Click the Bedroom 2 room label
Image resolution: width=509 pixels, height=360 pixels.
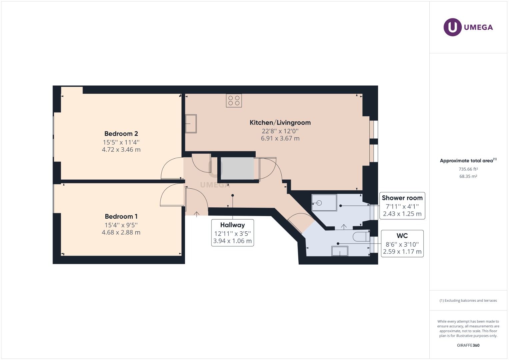pyautogui.click(x=121, y=134)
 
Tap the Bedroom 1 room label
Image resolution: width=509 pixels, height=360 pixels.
pyautogui.click(x=121, y=216)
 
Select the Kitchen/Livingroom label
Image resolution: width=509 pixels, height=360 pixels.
pyautogui.click(x=280, y=123)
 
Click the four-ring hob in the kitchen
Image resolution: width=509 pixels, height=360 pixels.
pyautogui.click(x=234, y=100)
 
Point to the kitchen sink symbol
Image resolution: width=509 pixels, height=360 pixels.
pyautogui.click(x=191, y=124)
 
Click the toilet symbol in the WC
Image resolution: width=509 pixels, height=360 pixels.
pyautogui.click(x=361, y=237)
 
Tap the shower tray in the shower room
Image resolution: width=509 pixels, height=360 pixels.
pyautogui.click(x=324, y=203)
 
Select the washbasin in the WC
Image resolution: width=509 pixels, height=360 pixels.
pyautogui.click(x=340, y=251)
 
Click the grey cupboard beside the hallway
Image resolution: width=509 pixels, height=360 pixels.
pyautogui.click(x=237, y=168)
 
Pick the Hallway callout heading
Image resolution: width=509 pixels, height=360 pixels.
pyautogui.click(x=232, y=225)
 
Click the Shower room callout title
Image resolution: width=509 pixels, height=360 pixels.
pyautogui.click(x=402, y=198)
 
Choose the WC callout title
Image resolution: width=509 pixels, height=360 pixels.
pyautogui.click(x=402, y=236)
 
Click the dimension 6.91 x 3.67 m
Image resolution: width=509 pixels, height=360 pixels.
pyautogui.click(x=280, y=138)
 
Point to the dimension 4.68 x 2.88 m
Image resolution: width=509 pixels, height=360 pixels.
pyautogui.click(x=121, y=233)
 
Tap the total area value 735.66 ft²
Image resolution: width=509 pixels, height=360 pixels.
pyautogui.click(x=468, y=169)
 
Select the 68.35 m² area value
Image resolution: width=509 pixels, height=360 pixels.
pyautogui.click(x=468, y=176)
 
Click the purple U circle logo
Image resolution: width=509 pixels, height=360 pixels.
pyautogui.click(x=452, y=27)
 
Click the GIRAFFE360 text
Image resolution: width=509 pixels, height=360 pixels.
pyautogui.click(x=468, y=345)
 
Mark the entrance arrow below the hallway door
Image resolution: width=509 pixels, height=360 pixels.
pyautogui.click(x=197, y=214)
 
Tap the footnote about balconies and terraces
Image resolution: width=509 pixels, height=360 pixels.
pyautogui.click(x=468, y=300)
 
